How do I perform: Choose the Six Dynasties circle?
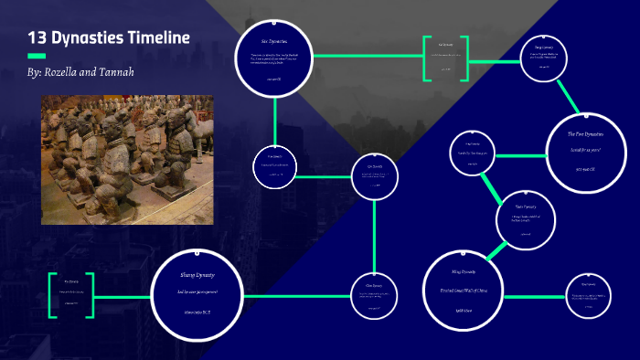click(x=274, y=58)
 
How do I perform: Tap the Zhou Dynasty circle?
click(x=375, y=293)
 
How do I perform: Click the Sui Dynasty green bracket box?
click(x=445, y=57)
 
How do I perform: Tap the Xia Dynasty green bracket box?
click(x=72, y=293)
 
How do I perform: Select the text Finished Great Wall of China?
click(x=464, y=291)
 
